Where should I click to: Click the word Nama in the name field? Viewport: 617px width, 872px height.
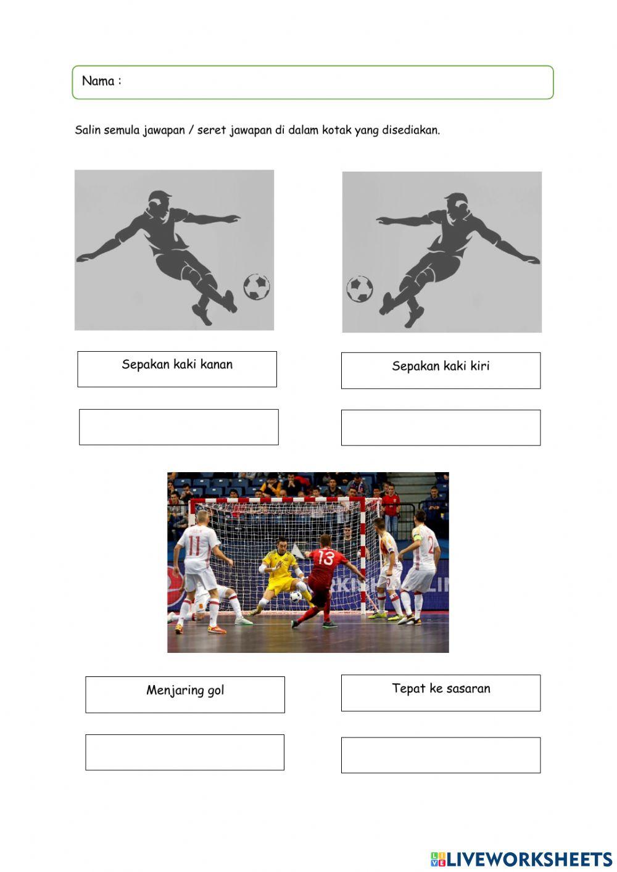point(98,81)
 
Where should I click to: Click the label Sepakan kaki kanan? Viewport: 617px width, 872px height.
point(177,365)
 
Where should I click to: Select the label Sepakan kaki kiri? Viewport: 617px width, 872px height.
point(441,366)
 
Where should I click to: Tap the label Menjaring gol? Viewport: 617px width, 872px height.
point(185,691)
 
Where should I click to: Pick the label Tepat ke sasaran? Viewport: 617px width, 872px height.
point(441,689)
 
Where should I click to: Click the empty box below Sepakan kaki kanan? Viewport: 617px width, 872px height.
point(178,427)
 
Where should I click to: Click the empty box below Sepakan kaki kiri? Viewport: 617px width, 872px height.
point(441,428)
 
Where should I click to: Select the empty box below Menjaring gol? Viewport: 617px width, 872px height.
point(184,752)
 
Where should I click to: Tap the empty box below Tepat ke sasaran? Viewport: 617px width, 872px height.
point(441,755)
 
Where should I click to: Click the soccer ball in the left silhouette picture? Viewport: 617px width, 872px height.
point(256,287)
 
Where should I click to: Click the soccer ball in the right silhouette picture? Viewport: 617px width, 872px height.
point(359,289)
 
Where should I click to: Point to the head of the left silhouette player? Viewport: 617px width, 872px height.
point(159,203)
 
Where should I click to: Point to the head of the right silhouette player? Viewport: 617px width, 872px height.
point(457,205)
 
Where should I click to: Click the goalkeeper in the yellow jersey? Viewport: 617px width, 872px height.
point(280,571)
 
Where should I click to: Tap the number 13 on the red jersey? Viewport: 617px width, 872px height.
point(325,559)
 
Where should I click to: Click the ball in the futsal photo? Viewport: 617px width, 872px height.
point(297,597)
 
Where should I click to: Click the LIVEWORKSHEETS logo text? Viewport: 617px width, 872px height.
point(528,858)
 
